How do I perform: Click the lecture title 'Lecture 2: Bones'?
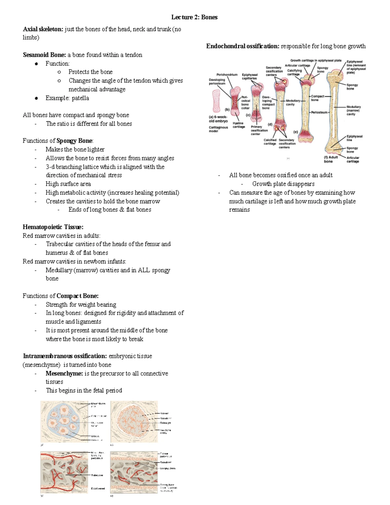[194, 17]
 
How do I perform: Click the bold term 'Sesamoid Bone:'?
[44, 55]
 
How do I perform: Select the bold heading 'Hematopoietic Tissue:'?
[53, 227]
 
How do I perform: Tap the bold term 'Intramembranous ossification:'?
[65, 356]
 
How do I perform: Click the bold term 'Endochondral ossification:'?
[243, 46]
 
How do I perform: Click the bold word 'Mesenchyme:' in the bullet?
[64, 374]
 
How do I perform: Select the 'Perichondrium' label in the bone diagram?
[227, 75]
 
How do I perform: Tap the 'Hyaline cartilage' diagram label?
[239, 125]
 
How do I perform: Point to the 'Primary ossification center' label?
[259, 130]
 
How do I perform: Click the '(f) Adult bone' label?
[331, 159]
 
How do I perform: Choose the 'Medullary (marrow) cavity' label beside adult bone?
[353, 110]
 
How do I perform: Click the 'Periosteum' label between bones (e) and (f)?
[319, 112]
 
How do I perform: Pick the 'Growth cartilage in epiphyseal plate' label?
[316, 60]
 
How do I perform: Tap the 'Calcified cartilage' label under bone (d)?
[270, 142]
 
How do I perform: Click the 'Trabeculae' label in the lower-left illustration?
[97, 475]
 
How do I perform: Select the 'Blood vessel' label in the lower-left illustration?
[97, 488]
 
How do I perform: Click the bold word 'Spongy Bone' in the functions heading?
[74, 141]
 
